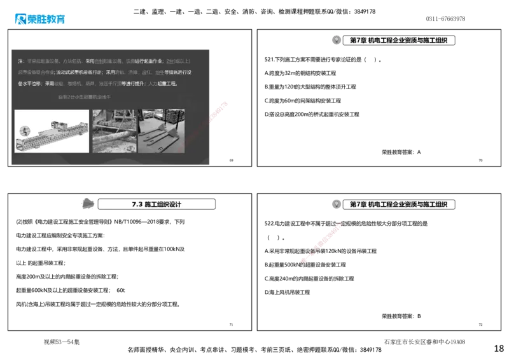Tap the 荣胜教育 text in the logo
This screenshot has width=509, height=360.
pos(47,19)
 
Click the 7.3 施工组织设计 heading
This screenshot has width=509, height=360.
pos(157,205)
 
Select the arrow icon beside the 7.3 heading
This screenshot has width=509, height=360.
pos(88,204)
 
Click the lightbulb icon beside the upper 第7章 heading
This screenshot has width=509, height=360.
pos(336,40)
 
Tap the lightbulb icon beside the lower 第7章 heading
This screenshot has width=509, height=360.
pos(336,204)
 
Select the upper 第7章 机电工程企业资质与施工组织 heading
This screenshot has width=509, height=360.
pos(399,40)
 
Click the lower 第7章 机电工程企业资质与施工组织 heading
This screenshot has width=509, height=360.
pos(399,204)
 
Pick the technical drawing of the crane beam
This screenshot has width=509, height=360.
pos(52,130)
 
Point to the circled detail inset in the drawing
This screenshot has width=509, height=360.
pos(24,130)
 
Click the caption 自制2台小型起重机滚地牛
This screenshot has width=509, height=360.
pos(84,97)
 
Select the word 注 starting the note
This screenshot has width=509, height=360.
pos(20,61)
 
